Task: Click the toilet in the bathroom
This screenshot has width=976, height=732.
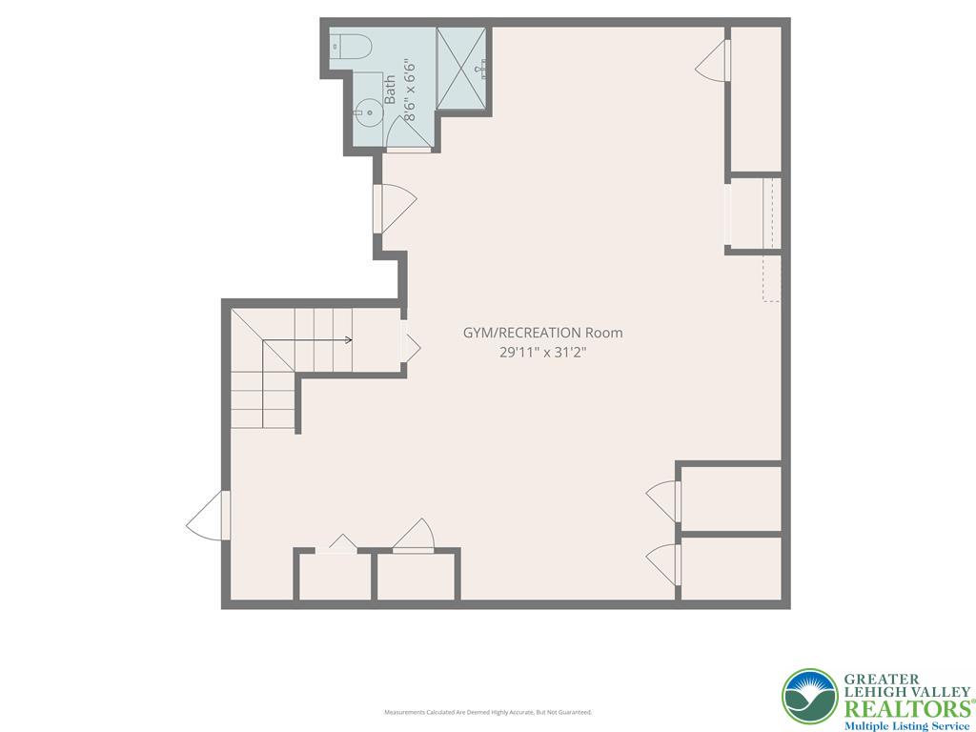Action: [351, 46]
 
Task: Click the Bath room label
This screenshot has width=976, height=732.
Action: [390, 90]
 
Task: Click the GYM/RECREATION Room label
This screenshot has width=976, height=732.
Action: [542, 333]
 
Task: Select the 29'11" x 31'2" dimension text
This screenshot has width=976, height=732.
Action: [542, 352]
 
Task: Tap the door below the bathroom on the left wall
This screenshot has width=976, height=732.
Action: [394, 206]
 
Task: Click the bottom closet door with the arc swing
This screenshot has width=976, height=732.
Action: [414, 537]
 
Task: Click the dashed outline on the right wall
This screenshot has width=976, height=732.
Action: [773, 276]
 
